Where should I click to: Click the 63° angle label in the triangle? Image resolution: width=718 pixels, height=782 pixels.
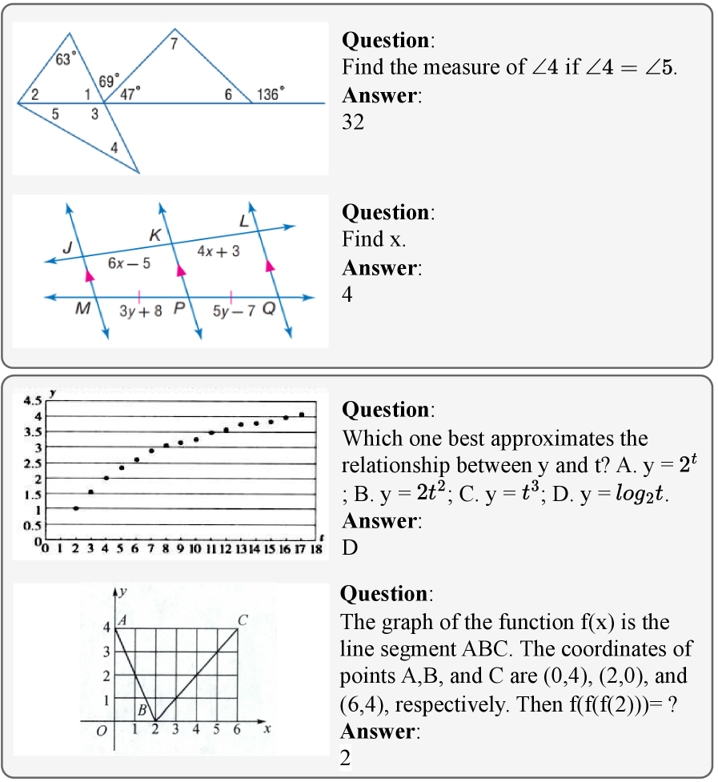(x=66, y=58)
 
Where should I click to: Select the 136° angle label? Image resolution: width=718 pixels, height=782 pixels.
(x=270, y=94)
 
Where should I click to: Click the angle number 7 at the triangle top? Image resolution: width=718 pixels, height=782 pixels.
(x=173, y=45)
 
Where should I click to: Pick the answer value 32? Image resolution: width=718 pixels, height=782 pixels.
(x=352, y=122)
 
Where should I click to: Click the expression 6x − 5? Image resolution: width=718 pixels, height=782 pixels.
(x=129, y=263)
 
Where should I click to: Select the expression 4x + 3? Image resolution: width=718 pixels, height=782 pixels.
(x=218, y=251)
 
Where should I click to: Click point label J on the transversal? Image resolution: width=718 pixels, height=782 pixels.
(x=68, y=249)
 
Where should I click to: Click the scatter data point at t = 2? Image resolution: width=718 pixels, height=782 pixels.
(x=76, y=507)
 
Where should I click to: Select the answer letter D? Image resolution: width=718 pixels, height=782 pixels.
(x=349, y=548)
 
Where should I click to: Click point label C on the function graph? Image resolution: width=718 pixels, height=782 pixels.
(x=243, y=619)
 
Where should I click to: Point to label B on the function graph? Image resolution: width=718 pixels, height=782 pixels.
(x=142, y=709)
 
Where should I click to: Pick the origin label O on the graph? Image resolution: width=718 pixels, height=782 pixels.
(x=101, y=732)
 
